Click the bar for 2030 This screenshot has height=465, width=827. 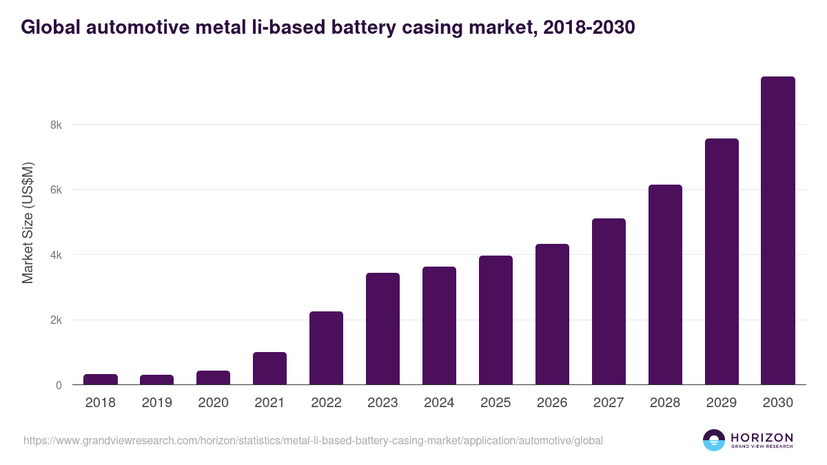[x=777, y=231]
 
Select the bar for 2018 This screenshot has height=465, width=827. [x=101, y=380]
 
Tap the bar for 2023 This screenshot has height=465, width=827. [x=382, y=329]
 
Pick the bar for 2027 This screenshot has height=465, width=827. [x=609, y=302]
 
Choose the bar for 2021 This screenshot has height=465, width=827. [x=269, y=369]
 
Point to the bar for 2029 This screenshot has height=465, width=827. [x=722, y=262]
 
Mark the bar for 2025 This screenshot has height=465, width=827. [x=496, y=320]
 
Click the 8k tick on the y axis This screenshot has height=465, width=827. [x=55, y=125]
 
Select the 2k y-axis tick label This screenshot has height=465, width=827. [x=55, y=320]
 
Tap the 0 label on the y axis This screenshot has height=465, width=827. [x=59, y=385]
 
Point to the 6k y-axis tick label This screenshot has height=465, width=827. [x=55, y=190]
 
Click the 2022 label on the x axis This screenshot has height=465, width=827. [x=326, y=403]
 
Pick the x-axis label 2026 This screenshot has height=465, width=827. [x=552, y=403]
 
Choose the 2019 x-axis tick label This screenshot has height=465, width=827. [x=157, y=403]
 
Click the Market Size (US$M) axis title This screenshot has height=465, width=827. [x=28, y=223]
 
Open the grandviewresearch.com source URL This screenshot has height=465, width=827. [x=313, y=440]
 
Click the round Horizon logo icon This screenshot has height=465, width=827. [x=714, y=440]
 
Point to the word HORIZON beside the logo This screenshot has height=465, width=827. [x=762, y=437]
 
